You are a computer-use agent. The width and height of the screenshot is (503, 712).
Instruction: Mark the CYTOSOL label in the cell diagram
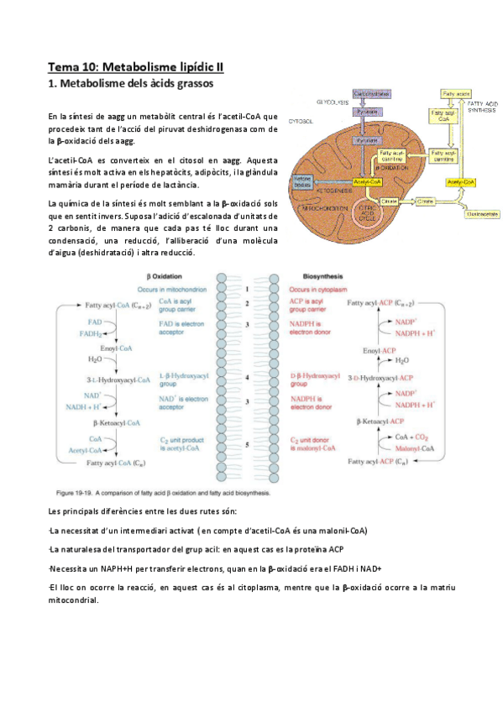pos(300,121)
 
